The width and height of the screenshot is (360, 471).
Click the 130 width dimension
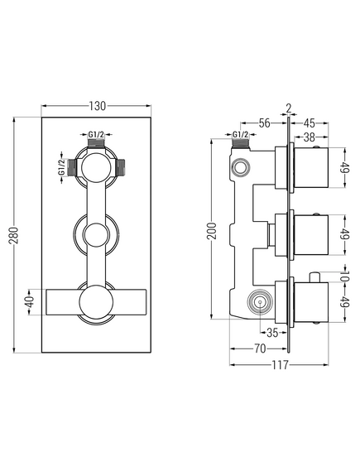point(97,106)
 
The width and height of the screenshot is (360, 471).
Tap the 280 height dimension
point(14,235)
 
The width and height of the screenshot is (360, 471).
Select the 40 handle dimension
point(31,302)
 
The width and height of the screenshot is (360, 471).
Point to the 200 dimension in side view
point(213,231)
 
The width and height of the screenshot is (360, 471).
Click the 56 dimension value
point(264,123)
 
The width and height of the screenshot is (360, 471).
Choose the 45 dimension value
point(309,123)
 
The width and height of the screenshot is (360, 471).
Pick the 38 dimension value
point(309,137)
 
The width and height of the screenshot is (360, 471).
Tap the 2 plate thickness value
point(289,108)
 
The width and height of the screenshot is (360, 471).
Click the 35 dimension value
point(272,333)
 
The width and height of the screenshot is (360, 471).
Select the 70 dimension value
point(260,348)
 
